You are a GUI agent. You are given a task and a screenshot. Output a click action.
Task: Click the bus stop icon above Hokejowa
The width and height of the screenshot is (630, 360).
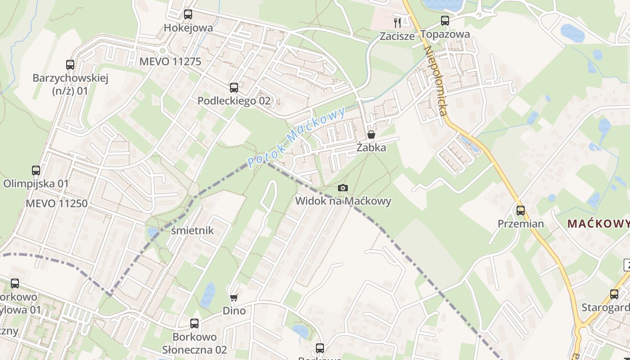coord(188,14)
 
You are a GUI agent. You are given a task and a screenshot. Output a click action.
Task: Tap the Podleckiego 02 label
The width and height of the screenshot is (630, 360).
coord(234,101)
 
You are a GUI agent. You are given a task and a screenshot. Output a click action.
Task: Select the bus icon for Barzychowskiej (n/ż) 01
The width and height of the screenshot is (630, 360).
coord(70,65)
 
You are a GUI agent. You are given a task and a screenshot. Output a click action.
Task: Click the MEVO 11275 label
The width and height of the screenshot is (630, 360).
coord(170,62)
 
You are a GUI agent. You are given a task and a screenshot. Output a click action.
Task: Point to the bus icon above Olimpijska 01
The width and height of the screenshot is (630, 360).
coord(36,171)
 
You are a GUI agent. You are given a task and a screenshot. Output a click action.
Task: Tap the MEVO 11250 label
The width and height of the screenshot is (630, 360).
coord(56,203)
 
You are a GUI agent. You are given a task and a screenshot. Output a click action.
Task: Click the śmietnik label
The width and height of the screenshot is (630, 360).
coord(193,231)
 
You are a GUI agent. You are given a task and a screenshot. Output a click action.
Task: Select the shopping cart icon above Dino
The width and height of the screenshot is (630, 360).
coord(234,297)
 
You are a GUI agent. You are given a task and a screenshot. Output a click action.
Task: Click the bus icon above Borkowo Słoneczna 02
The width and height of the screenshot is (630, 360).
coord(194,324)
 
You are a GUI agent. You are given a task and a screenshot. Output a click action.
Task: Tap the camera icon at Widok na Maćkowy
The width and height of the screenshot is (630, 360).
coord(343,188)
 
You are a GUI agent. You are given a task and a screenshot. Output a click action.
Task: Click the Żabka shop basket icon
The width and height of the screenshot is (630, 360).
coord(371,135)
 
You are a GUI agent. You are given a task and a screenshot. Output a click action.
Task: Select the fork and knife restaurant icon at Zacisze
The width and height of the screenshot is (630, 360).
coord(397,22)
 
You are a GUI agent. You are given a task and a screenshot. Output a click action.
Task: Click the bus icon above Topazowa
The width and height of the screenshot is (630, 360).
coord(445,21)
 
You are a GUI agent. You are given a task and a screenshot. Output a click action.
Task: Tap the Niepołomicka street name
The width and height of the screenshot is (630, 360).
coord(436,81)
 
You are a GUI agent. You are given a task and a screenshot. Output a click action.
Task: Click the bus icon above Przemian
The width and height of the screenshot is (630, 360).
coord(521,210)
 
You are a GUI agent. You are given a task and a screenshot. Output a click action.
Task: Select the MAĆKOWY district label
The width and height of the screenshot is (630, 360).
coord(598,224)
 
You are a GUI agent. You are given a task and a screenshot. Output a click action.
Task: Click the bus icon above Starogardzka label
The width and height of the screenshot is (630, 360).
coord(614,294)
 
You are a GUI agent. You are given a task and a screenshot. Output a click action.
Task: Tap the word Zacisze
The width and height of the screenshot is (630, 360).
coord(397,36)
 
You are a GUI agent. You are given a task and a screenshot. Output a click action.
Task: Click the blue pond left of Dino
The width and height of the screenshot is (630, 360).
coord(208,295)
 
